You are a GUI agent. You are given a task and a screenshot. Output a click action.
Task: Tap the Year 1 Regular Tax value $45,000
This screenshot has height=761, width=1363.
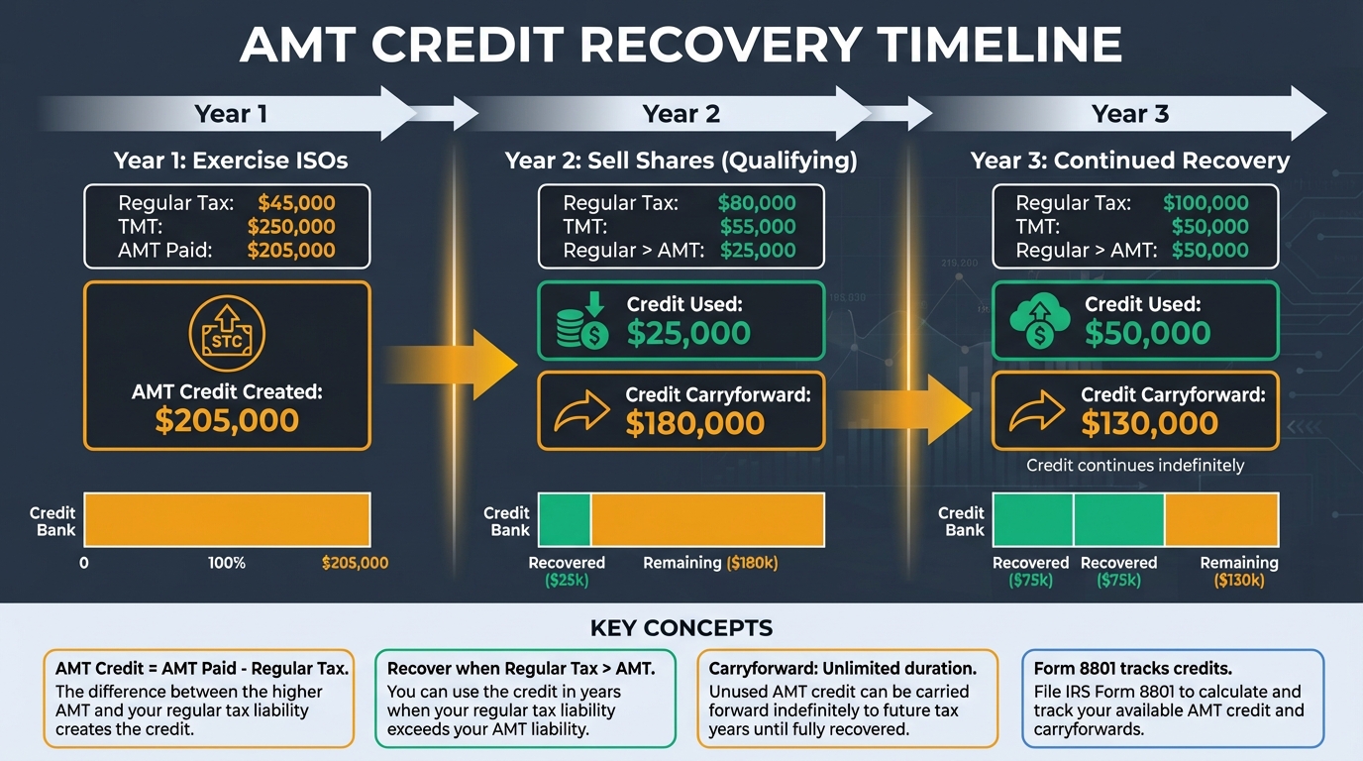(x=296, y=203)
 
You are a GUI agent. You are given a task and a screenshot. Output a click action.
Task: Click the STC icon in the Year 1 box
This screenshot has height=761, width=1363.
(x=227, y=337)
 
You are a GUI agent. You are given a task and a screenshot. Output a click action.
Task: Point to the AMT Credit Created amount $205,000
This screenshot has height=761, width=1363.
(x=227, y=420)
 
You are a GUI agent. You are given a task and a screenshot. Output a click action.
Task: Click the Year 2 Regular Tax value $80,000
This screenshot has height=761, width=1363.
(x=756, y=203)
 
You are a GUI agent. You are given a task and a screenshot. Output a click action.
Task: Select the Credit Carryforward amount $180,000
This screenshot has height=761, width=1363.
(x=694, y=423)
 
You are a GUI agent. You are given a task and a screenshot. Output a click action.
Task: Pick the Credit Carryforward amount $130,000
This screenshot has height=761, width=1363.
(x=1149, y=423)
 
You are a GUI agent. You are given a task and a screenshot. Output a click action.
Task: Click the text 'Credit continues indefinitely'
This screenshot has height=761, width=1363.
(x=1135, y=465)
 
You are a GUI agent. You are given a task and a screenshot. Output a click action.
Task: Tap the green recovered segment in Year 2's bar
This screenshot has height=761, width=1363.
(x=565, y=519)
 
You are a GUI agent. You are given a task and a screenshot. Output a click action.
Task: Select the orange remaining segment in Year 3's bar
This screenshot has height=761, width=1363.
(x=1221, y=519)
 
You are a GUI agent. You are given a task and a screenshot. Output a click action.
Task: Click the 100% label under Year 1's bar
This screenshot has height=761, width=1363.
(x=227, y=563)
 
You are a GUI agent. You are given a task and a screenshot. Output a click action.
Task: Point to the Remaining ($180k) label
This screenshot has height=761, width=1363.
(x=710, y=563)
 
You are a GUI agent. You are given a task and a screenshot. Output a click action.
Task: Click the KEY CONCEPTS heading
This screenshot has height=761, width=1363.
(x=681, y=628)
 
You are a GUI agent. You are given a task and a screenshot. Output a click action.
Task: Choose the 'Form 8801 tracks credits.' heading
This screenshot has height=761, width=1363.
(x=1132, y=669)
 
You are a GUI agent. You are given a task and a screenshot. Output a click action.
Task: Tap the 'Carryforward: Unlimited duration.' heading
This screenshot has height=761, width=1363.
(x=842, y=669)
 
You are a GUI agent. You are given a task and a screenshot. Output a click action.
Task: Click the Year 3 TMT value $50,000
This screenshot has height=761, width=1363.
(x=1209, y=227)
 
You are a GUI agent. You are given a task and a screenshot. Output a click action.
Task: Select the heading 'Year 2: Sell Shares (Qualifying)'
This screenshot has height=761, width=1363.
(x=681, y=161)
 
